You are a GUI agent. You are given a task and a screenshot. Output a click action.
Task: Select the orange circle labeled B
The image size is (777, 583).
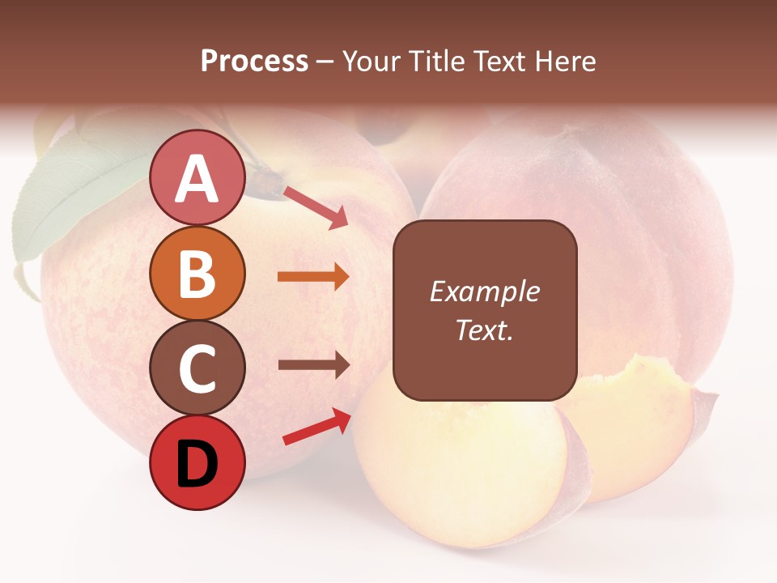pyautogui.click(x=197, y=274)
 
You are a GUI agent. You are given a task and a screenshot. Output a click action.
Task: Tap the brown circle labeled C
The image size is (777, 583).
pyautogui.click(x=197, y=368)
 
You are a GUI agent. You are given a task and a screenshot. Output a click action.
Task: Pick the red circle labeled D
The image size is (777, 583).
pyautogui.click(x=197, y=463)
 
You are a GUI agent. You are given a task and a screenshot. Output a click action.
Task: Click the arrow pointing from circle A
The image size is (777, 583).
pyautogui.click(x=316, y=207)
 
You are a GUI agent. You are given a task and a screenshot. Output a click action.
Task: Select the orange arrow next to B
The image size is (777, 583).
pyautogui.click(x=313, y=277)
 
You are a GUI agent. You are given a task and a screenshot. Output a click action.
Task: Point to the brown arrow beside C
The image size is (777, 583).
pyautogui.click(x=313, y=364)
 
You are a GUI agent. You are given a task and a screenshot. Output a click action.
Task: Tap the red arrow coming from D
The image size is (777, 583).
pyautogui.click(x=316, y=426)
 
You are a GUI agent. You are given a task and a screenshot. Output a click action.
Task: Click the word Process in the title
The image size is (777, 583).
pyautogui.click(x=254, y=61)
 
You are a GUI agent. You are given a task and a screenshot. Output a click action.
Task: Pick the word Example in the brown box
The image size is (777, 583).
pyautogui.click(x=484, y=291)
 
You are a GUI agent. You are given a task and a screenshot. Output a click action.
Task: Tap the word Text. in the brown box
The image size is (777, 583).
pyautogui.click(x=484, y=330)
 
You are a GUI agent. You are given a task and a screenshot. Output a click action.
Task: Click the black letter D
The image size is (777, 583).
pyautogui.click(x=197, y=464)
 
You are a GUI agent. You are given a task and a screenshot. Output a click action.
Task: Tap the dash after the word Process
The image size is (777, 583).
pyautogui.click(x=325, y=62)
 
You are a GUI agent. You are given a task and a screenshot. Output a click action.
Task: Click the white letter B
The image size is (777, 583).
pyautogui.click(x=197, y=274)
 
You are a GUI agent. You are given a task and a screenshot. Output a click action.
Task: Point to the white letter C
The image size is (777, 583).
pyautogui.click(x=197, y=368)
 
